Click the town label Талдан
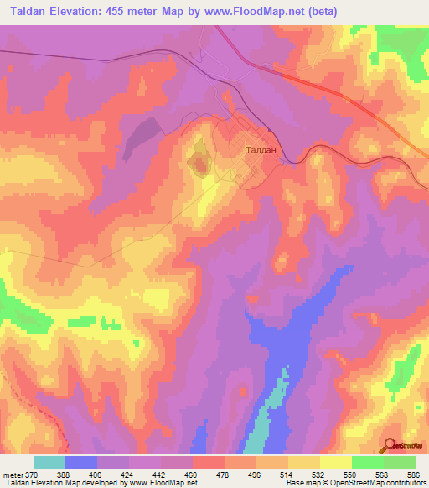pyautogui.click(x=256, y=151)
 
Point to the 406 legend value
pyautogui.click(x=96, y=475)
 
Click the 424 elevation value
pyautogui.click(x=128, y=475)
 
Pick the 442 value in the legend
pyautogui.click(x=160, y=475)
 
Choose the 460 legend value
pyautogui.click(x=192, y=475)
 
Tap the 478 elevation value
pyautogui.click(x=224, y=475)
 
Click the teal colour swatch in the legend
pyautogui.click(x=49, y=462)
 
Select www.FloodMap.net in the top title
pyautogui.click(x=263, y=10)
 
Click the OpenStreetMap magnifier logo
pyautogui.click(x=390, y=446)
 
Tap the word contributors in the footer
pyautogui.click(x=402, y=483)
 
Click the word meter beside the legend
pyautogui.click(x=13, y=475)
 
